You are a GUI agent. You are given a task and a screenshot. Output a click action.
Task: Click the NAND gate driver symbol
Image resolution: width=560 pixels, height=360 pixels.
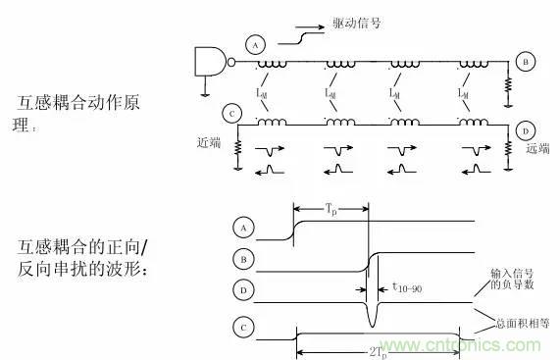pyautogui.click(x=212, y=61)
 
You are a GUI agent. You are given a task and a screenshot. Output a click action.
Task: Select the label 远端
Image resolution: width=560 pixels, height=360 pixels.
pyautogui.click(x=538, y=149)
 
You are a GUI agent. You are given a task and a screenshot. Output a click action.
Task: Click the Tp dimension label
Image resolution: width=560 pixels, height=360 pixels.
pyautogui.click(x=331, y=209)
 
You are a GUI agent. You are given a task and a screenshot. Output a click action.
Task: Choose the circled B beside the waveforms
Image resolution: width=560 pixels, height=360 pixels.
pyautogui.click(x=241, y=259)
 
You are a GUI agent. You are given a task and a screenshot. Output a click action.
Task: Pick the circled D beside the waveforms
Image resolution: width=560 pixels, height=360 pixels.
pyautogui.click(x=241, y=290)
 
